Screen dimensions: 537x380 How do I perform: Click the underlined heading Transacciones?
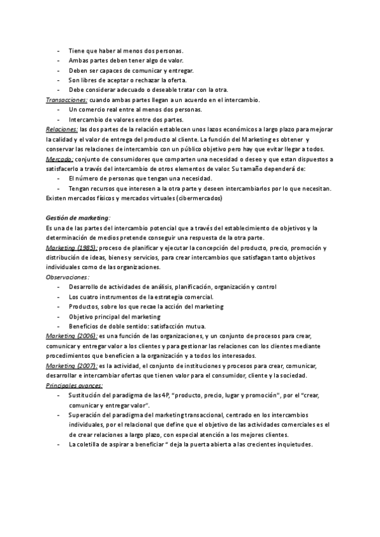66,100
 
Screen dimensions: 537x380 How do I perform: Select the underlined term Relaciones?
62,129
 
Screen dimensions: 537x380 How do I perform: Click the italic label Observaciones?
68,277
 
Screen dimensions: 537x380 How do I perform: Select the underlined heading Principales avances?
75,385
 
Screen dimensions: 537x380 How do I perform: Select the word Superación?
85,415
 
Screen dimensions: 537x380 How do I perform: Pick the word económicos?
224,129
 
